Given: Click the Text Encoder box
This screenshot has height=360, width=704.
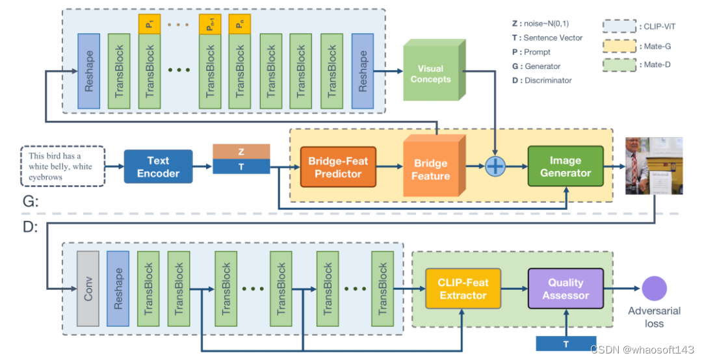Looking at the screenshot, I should coord(158,166).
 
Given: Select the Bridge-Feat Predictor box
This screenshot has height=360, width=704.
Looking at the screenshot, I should coord(338,167).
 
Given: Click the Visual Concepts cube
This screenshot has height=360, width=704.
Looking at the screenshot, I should coord(430,74).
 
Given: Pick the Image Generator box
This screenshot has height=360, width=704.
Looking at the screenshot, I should coord(565,166).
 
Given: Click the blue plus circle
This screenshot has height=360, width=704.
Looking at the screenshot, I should coord(496,167).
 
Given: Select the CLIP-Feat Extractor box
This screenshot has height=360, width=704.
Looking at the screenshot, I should coord(463,289).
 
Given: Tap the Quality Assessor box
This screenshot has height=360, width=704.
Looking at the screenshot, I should coord(566,289).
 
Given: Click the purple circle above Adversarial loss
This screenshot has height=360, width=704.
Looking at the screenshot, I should coord(655,289).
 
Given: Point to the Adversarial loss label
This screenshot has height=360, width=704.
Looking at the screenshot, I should coord(655,316).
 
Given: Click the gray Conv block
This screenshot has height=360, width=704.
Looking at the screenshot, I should coord(88,288).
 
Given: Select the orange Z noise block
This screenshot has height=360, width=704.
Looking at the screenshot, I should coord(241,151).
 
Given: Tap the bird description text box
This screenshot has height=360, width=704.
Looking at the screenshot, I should coord(63,166).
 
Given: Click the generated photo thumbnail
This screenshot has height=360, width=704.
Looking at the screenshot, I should coord(653,166).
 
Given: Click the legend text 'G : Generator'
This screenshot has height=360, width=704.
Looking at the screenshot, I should coord(536,66).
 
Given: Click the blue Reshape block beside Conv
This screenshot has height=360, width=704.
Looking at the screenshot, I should coord(118,288).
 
